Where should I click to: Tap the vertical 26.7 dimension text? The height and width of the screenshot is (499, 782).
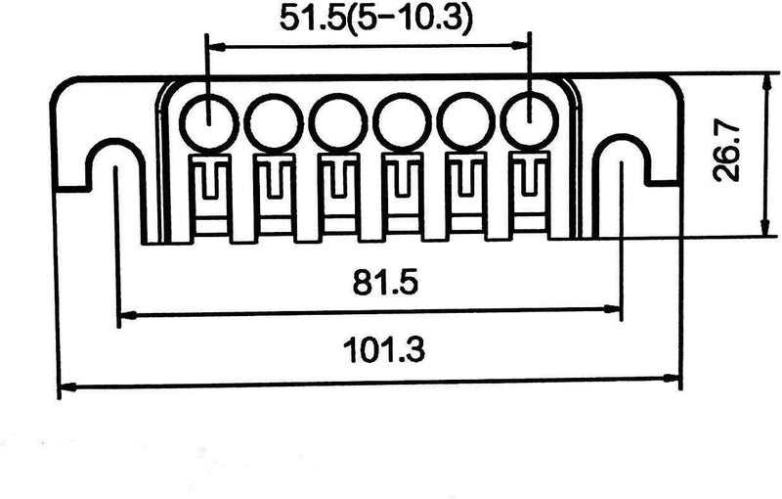coord(728,152)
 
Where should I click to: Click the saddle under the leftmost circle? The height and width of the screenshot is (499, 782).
coord(208,191)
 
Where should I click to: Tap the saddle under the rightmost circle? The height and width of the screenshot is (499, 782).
coord(529,191)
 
